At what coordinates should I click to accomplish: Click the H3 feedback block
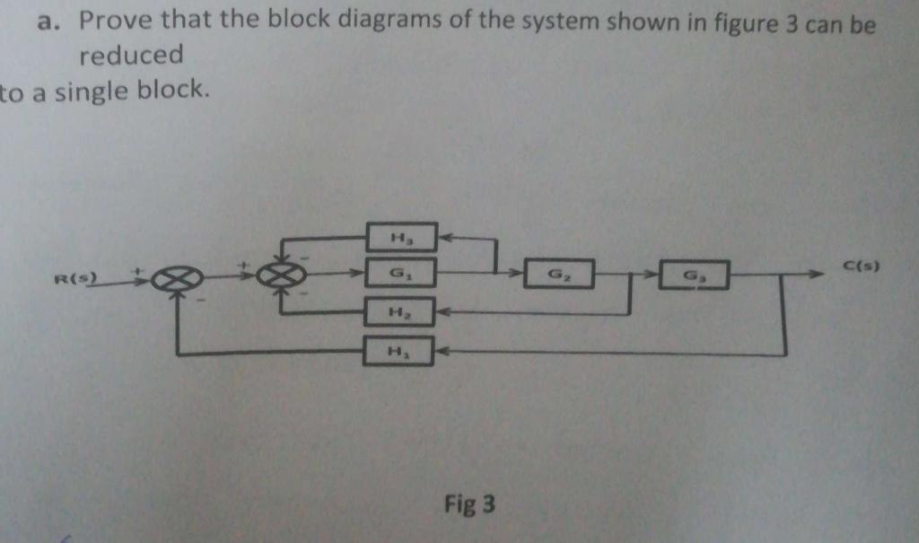401,237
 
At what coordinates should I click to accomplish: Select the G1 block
401,272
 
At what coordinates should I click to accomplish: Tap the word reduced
131,56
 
